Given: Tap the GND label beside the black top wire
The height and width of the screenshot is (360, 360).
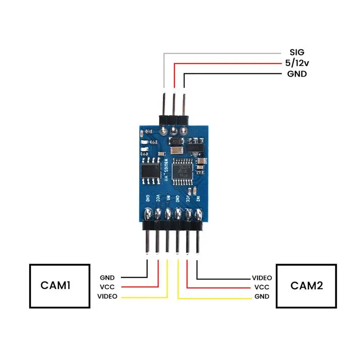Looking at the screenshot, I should pos(297,74).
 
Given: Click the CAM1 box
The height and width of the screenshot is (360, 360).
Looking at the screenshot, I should pos(58,286).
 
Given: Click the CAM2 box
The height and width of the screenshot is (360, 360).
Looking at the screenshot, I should pos(306,286).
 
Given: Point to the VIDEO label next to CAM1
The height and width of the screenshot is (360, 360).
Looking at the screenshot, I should pos(107,296).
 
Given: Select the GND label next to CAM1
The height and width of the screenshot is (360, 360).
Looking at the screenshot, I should pos(107,278).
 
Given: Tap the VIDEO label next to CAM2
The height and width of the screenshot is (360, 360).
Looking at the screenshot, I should pos(261,278).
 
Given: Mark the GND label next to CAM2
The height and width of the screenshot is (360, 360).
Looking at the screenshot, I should pos(261,297).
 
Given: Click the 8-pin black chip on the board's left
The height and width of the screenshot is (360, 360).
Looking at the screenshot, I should pos(150,171).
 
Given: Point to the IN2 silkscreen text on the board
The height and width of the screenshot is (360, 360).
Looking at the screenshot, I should pos(198,198).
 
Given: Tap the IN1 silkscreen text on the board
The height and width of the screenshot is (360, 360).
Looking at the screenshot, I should pos(168,198).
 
